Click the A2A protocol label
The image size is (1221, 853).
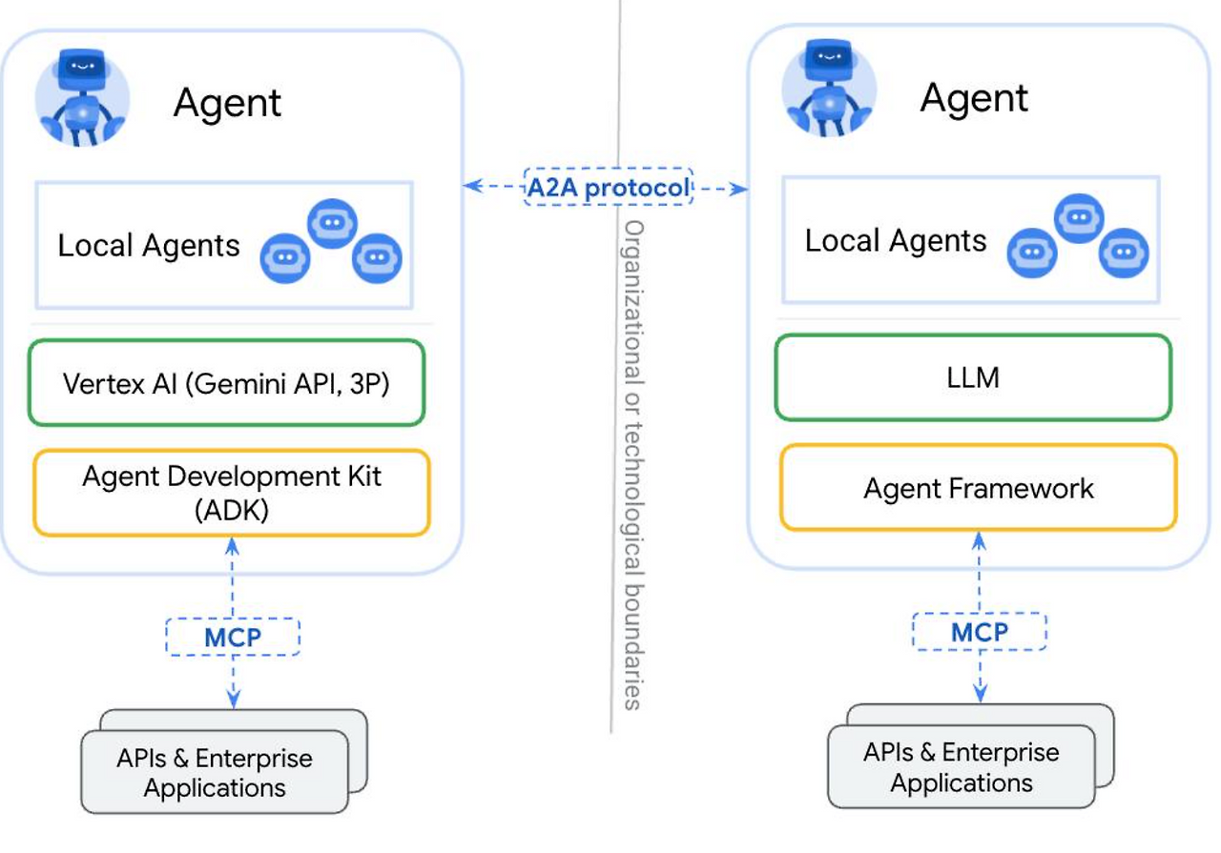(609, 187)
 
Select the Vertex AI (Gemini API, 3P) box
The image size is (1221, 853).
(226, 382)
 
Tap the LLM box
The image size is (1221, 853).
(973, 377)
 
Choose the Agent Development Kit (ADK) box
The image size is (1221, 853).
(232, 493)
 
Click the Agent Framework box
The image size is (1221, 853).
(979, 488)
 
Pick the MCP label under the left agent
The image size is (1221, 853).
(233, 637)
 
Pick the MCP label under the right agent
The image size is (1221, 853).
(980, 632)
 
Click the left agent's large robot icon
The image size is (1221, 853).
(82, 98)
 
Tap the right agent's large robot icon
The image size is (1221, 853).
(829, 88)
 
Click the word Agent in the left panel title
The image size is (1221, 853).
(227, 102)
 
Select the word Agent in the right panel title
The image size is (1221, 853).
(974, 97)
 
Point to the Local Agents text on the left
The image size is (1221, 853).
(149, 245)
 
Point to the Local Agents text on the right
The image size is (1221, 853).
(896, 240)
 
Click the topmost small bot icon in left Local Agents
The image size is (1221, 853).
(333, 223)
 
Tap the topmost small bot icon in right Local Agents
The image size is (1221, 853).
(1079, 218)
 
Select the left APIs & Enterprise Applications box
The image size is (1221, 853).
(224, 761)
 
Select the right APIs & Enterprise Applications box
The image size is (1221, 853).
(971, 756)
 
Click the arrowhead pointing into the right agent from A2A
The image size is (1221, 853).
(740, 189)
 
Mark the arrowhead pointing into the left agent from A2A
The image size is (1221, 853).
(472, 186)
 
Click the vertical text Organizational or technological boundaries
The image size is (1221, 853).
(633, 465)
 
